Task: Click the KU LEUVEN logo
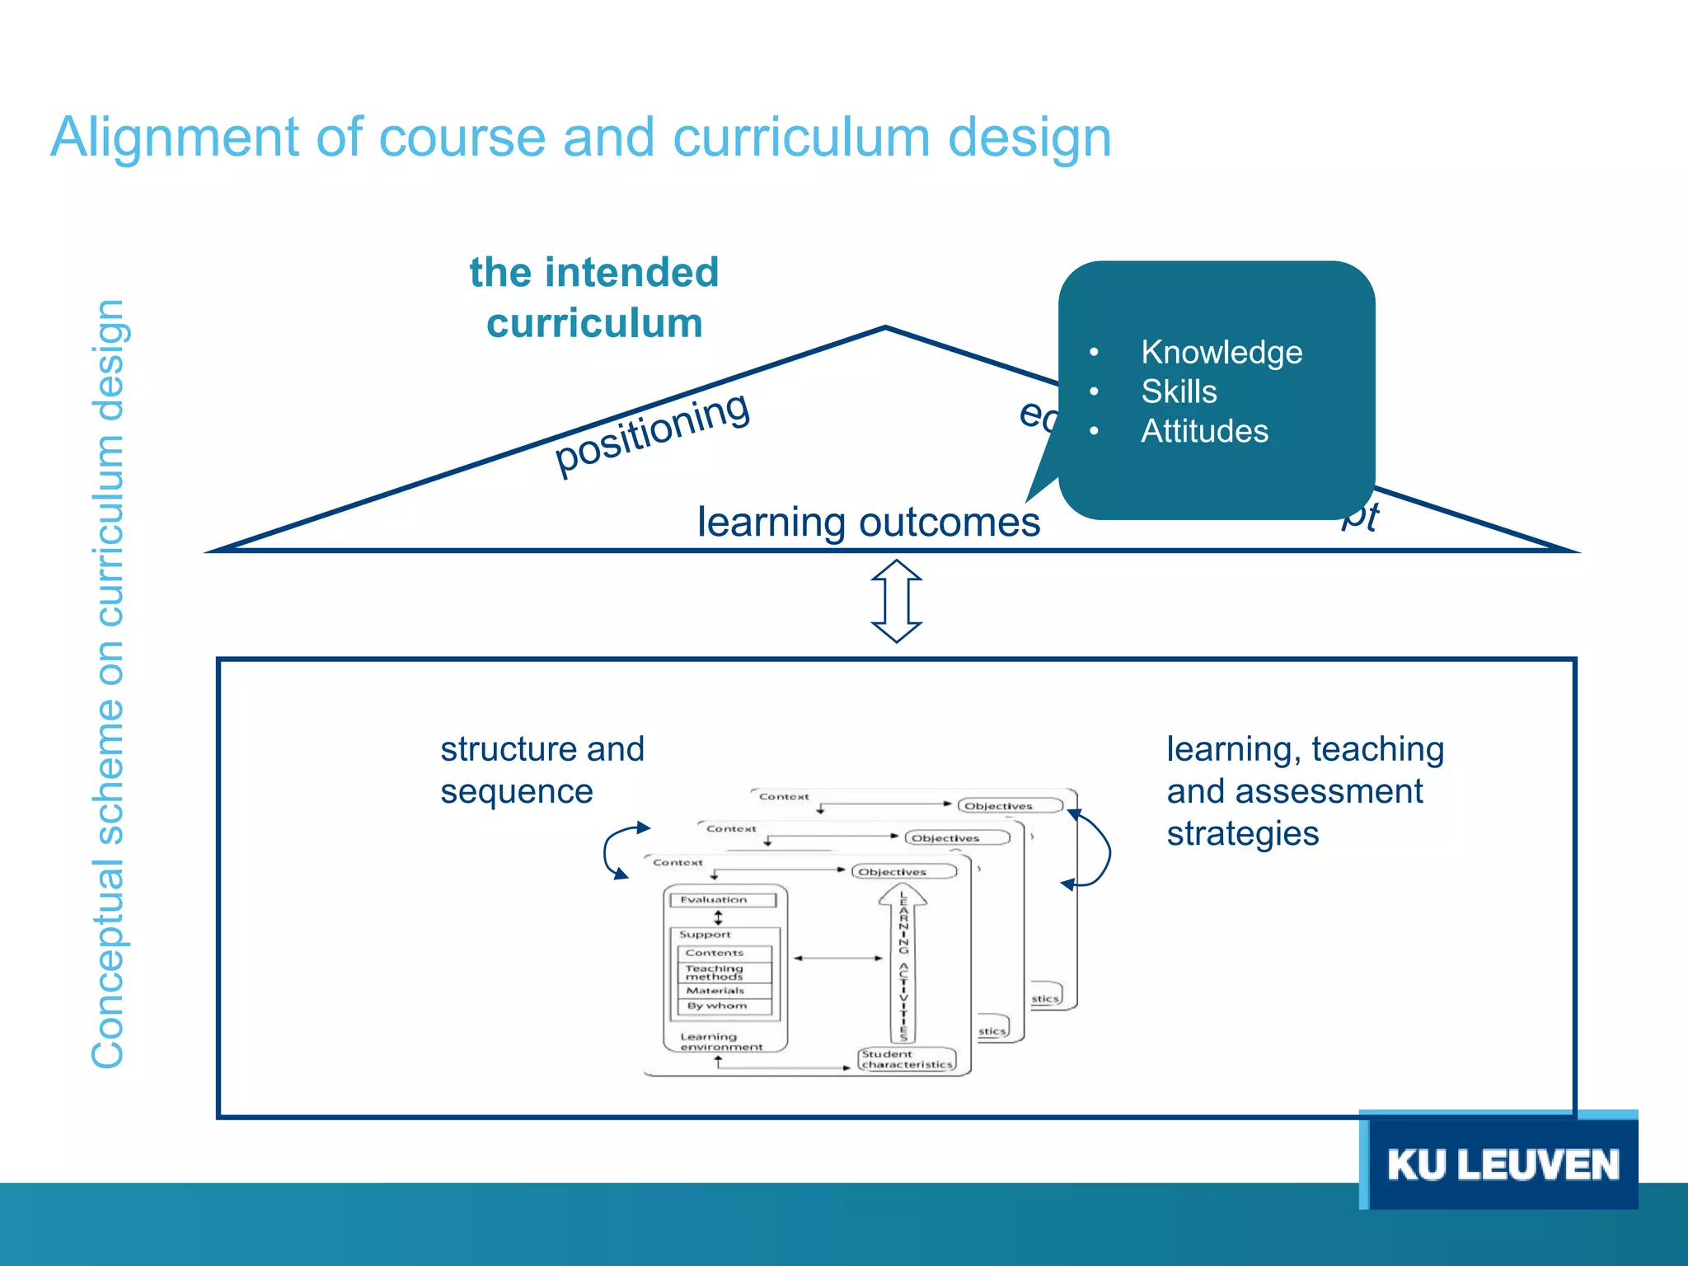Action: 1502,1164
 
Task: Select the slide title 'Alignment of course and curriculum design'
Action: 580,137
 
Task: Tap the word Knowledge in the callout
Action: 1221,352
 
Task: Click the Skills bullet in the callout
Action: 1179,392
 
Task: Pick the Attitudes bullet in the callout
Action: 1203,431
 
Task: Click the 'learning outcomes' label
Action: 868,523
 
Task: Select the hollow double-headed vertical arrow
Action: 897,601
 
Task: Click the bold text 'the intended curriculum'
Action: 593,297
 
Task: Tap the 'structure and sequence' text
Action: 541,770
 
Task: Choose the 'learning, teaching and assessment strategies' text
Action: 1304,791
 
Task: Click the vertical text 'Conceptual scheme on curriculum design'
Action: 108,684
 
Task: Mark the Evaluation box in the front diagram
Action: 723,900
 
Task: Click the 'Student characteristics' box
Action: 907,1059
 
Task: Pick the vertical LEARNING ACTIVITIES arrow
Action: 903,964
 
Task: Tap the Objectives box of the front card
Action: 903,871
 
